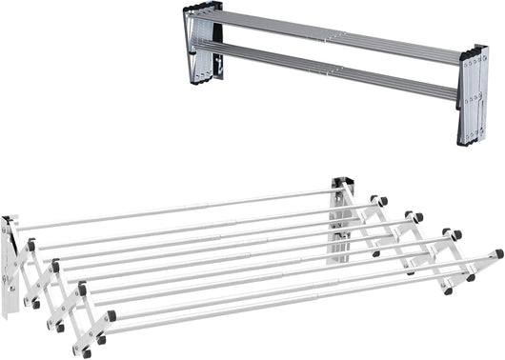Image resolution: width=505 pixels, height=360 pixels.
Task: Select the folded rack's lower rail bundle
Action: pyautogui.click(x=333, y=71)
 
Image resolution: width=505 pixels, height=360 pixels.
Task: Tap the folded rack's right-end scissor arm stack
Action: pyautogui.click(x=473, y=95)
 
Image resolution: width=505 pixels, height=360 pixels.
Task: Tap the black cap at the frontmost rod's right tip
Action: pyautogui.click(x=498, y=254)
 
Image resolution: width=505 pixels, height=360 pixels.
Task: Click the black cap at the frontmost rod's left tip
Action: pyautogui.click(x=111, y=316)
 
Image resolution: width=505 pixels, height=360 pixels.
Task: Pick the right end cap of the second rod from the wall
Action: pyautogui.click(x=383, y=201)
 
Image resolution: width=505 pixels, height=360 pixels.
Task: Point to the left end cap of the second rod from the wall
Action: pyautogui.click(x=31, y=246)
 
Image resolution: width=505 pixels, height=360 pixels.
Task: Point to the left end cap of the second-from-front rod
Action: pyautogui.click(x=82, y=289)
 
